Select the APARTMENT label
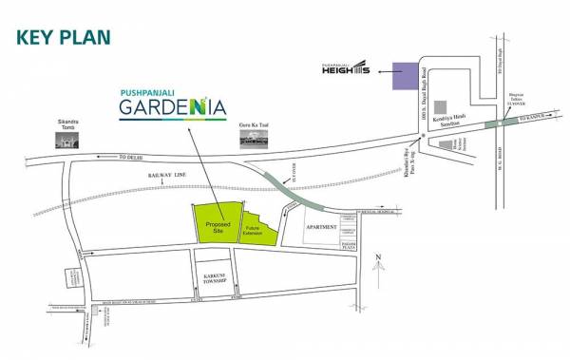tap(322, 228)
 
